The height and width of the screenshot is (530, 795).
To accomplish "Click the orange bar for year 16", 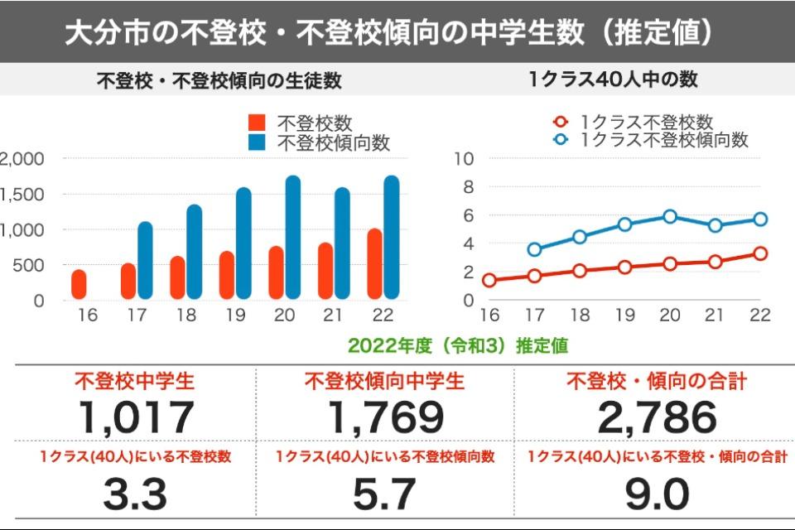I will coord(79,284).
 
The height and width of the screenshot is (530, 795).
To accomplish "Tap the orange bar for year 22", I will coord(375,263).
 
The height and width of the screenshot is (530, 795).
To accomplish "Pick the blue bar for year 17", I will coord(145,260).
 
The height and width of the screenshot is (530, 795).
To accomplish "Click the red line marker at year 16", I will coord(489,280).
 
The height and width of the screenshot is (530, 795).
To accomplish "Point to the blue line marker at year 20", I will coord(670,217).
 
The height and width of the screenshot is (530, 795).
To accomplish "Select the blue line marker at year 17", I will coord(534,249).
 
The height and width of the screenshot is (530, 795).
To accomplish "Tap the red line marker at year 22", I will coord(760,253).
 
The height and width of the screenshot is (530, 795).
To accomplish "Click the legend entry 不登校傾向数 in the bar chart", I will coord(332,142).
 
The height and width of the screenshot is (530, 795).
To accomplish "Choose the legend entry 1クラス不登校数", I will coord(646,123).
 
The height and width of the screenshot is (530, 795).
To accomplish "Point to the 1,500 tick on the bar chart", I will coord(24,194).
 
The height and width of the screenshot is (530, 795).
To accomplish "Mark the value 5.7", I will coord(384,494).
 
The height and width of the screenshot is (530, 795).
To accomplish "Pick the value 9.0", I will coord(657,494).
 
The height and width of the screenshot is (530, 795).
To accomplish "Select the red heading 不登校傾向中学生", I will coord(384,382).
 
